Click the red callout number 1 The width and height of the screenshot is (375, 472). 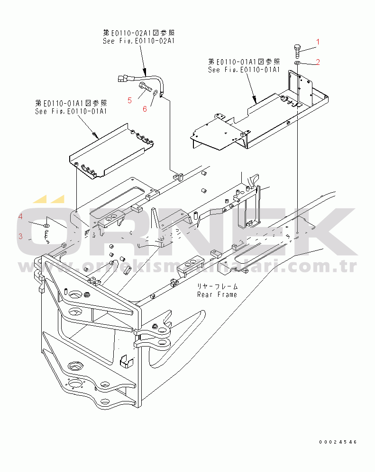(x=318, y=42)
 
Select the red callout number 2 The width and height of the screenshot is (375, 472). (x=318, y=62)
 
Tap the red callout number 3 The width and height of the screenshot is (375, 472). (x=20, y=236)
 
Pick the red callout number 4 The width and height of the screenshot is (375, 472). (x=20, y=217)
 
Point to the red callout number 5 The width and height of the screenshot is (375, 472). (x=129, y=100)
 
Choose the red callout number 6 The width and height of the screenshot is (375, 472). (x=145, y=109)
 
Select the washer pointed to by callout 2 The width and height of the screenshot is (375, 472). (x=297, y=63)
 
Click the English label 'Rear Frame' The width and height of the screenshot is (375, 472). (x=218, y=294)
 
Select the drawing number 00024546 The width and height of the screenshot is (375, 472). (x=338, y=442)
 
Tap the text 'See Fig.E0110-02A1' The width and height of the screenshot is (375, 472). (x=139, y=41)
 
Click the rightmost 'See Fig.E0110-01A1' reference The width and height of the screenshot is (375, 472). (x=244, y=70)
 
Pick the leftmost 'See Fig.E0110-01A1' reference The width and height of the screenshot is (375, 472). (x=71, y=111)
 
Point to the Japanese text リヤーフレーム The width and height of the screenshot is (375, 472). (x=218, y=287)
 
